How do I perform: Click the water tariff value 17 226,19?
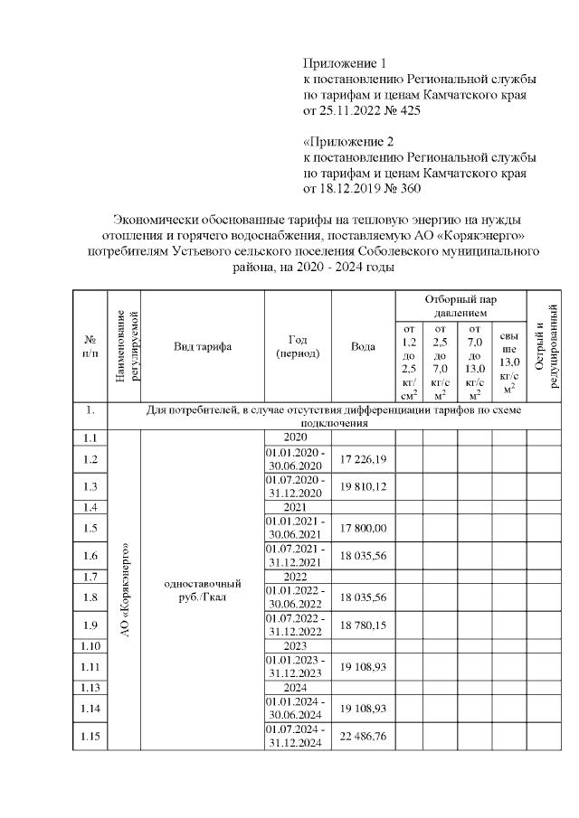(363, 459)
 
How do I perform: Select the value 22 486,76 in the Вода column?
(363, 737)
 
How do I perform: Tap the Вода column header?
(363, 346)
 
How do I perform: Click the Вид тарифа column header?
(203, 346)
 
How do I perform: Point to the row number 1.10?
(90, 645)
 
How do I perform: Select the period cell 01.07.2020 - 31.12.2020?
(298, 486)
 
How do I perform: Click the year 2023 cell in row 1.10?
(298, 645)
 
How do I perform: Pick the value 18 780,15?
(363, 625)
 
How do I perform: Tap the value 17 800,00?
(363, 528)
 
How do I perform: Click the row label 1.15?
(90, 737)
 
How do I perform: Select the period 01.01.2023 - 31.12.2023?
(298, 666)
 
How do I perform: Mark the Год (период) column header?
(298, 346)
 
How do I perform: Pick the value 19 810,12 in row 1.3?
(363, 486)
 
